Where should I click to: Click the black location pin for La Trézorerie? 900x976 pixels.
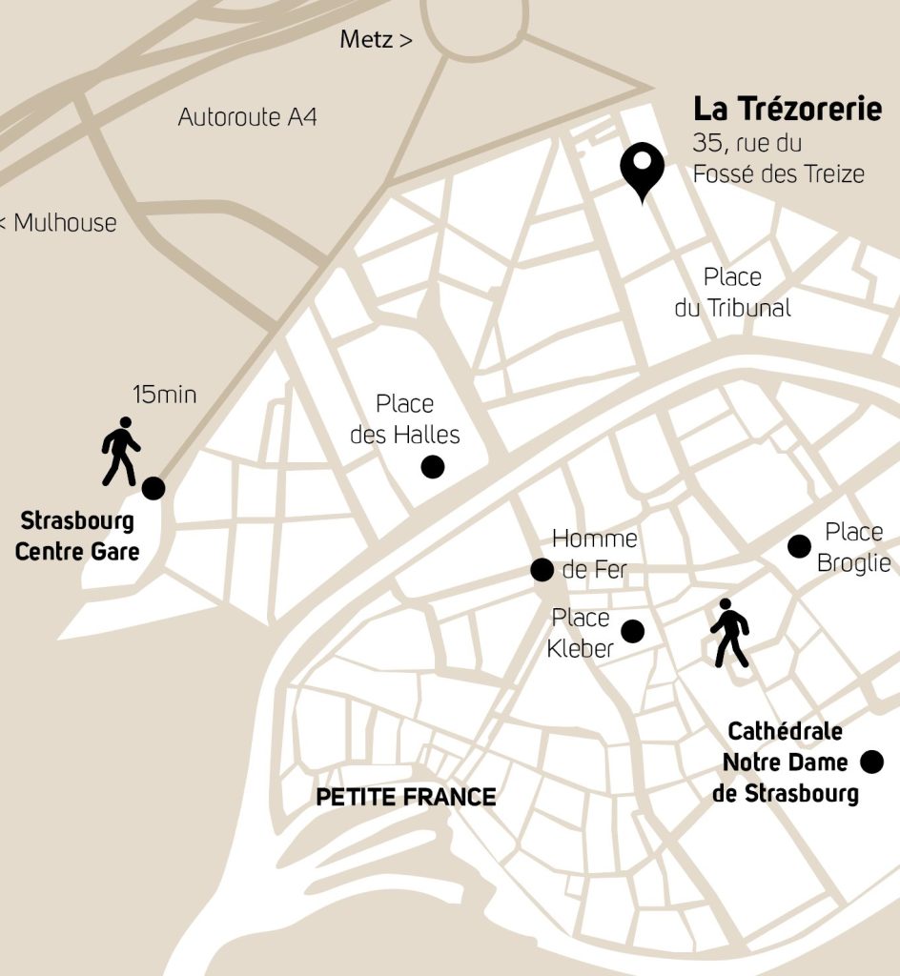pyautogui.click(x=643, y=169)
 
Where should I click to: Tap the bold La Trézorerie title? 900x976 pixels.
pyautogui.click(x=787, y=109)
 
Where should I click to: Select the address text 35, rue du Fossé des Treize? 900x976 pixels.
pyautogui.click(x=777, y=159)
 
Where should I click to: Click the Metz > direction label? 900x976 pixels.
pyautogui.click(x=376, y=40)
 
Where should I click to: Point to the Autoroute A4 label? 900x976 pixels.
pyautogui.click(x=247, y=117)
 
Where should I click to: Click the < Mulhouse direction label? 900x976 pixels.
pyautogui.click(x=58, y=223)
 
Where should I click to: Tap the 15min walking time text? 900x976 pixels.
pyautogui.click(x=164, y=394)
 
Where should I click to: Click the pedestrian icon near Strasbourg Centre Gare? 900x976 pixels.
pyautogui.click(x=121, y=451)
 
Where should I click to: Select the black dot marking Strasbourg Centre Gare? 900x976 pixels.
pyautogui.click(x=153, y=488)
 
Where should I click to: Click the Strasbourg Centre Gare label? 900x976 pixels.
pyautogui.click(x=77, y=536)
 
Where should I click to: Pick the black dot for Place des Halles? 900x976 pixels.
pyautogui.click(x=433, y=466)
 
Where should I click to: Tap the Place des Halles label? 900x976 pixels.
pyautogui.click(x=405, y=419)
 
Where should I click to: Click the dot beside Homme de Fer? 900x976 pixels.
pyautogui.click(x=542, y=570)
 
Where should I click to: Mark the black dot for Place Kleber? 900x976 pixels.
pyautogui.click(x=632, y=631)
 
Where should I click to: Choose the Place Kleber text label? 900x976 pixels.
pyautogui.click(x=580, y=633)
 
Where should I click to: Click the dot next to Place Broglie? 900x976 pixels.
pyautogui.click(x=799, y=546)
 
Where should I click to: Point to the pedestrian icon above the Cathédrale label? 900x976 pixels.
pyautogui.click(x=729, y=633)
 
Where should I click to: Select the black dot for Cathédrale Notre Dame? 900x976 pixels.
pyautogui.click(x=871, y=762)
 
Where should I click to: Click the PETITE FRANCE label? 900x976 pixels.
pyautogui.click(x=405, y=797)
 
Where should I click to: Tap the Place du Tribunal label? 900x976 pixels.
pyautogui.click(x=732, y=293)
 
